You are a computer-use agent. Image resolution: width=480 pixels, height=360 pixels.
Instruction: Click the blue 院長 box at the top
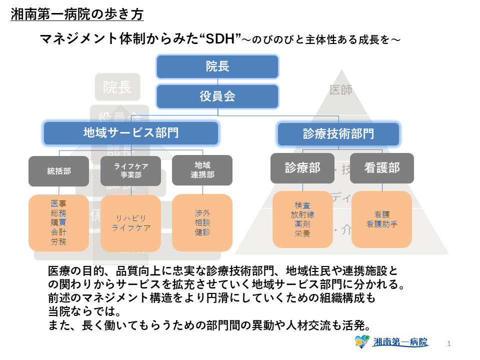click(217, 66)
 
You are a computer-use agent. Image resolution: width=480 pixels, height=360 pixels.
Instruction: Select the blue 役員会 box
click(217, 96)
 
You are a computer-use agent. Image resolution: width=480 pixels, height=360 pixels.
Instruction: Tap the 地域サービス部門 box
click(131, 133)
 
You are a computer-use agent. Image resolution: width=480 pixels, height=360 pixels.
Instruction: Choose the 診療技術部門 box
click(338, 134)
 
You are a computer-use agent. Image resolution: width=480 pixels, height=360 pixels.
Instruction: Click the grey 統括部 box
click(59, 171)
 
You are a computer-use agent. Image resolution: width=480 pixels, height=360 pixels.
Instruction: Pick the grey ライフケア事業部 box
click(131, 171)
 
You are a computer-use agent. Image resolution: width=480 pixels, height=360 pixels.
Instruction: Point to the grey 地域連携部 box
click(202, 170)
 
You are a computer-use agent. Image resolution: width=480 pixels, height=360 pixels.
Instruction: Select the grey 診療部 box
click(302, 168)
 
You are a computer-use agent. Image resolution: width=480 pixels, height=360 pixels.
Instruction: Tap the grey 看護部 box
click(382, 168)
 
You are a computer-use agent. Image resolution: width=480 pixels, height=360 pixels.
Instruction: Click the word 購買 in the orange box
click(58, 222)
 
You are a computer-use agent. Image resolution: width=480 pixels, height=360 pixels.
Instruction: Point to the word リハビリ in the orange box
click(131, 218)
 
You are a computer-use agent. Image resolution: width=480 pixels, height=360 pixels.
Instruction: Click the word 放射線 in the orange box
click(302, 214)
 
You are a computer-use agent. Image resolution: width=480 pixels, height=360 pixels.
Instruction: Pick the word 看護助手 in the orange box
click(382, 224)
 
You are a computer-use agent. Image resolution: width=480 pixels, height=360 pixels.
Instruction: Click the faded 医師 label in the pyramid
click(341, 90)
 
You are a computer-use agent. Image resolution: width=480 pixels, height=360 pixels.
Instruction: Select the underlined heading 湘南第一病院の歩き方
click(77, 14)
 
